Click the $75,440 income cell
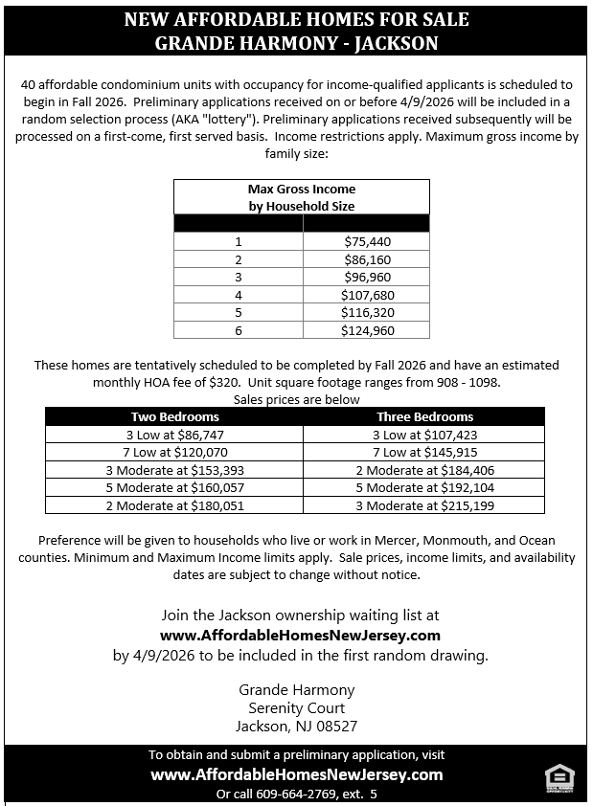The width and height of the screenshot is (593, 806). [367, 241]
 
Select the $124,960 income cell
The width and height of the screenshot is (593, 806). [367, 330]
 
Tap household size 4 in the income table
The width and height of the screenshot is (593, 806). [239, 295]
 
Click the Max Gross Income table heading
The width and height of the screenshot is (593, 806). [301, 197]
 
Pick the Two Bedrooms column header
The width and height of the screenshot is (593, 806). [174, 416]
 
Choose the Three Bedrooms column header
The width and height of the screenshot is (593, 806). [424, 416]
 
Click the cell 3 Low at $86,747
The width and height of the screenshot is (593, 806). [174, 434]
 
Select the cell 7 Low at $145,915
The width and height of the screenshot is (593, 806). [424, 452]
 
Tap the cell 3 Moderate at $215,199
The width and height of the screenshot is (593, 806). [424, 505]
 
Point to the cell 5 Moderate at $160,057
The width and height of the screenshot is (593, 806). [174, 487]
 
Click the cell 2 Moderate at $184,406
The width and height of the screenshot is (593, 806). [424, 469]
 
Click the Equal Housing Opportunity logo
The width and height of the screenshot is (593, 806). [558, 778]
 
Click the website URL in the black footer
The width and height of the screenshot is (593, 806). [296, 774]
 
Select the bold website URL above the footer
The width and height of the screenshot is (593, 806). [300, 635]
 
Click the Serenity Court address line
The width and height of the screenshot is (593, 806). [296, 708]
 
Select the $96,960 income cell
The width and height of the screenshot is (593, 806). [367, 277]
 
